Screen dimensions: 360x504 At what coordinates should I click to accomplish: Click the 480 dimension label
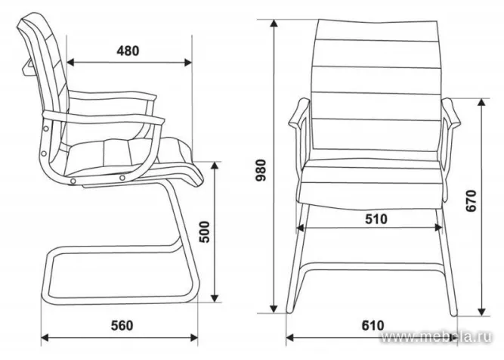click(x=128, y=51)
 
